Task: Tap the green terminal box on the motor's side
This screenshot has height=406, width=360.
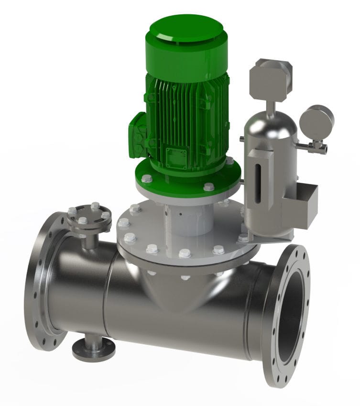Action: pyautogui.click(x=138, y=134)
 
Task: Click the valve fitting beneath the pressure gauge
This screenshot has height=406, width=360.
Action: pyautogui.click(x=315, y=146)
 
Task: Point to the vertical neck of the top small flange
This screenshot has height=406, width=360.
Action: pyautogui.click(x=89, y=239)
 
